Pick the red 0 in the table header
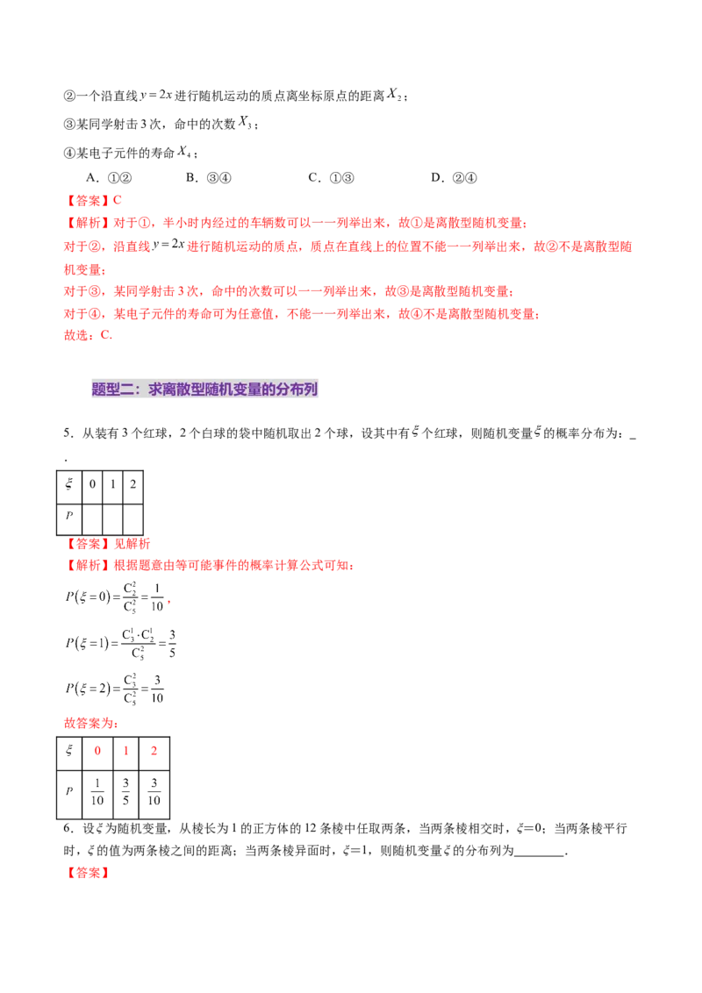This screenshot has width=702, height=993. coord(97,751)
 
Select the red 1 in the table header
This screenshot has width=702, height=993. coord(125,751)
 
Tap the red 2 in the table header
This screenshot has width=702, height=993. coord(154,751)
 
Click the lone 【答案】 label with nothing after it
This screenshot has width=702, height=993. coord(88,873)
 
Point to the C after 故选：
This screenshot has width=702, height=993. coord(105,334)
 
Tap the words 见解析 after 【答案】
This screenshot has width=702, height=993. coord(139,543)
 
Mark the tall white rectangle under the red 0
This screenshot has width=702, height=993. coord(102,779)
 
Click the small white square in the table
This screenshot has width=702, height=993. coord(145,789)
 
